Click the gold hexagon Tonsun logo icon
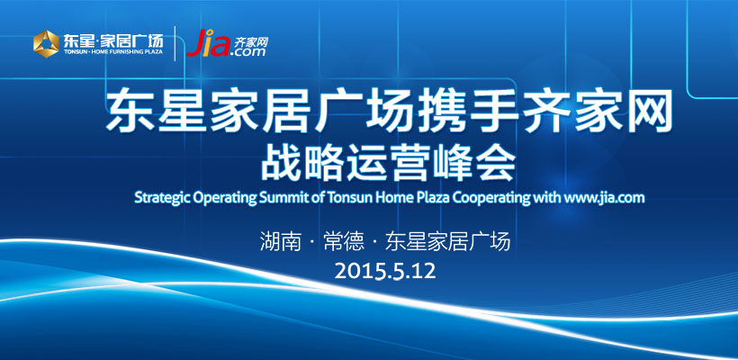coord(46,44)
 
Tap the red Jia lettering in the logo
coord(208,43)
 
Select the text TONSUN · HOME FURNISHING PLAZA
coord(113,51)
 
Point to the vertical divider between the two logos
coord(175,43)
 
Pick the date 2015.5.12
coord(385,271)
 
